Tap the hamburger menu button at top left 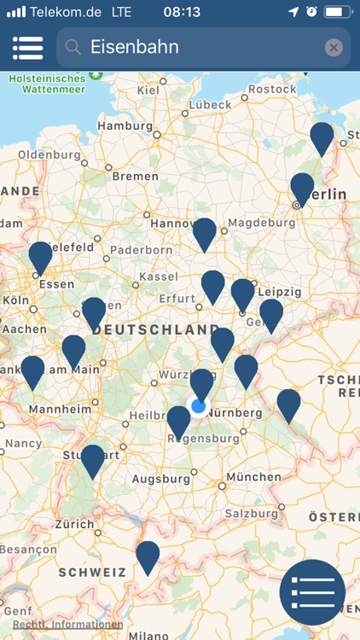coord(27,48)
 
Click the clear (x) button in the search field coord(334,48)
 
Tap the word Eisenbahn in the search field coord(135,48)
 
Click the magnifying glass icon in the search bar coord(73,48)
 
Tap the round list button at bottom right coord(312,592)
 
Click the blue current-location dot coord(199,406)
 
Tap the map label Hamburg coord(125,125)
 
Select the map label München coord(253,476)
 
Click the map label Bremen coord(135,176)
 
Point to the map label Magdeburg coord(261,223)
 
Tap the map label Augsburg coord(161,479)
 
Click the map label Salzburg coord(251,513)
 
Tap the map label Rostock coord(272,89)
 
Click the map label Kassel coord(159,276)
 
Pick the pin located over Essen coord(40,256)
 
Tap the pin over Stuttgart coord(92,459)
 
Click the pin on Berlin coord(302,188)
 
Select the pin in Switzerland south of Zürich coord(148,556)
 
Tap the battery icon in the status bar coord(337,12)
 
